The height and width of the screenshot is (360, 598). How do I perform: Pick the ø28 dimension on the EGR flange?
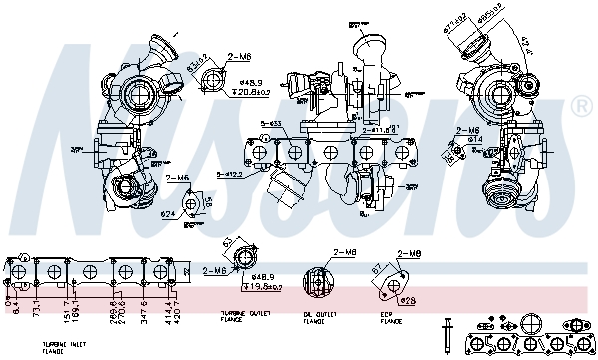pos(407,299)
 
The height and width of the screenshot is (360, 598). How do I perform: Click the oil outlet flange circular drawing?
pos(316,280)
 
